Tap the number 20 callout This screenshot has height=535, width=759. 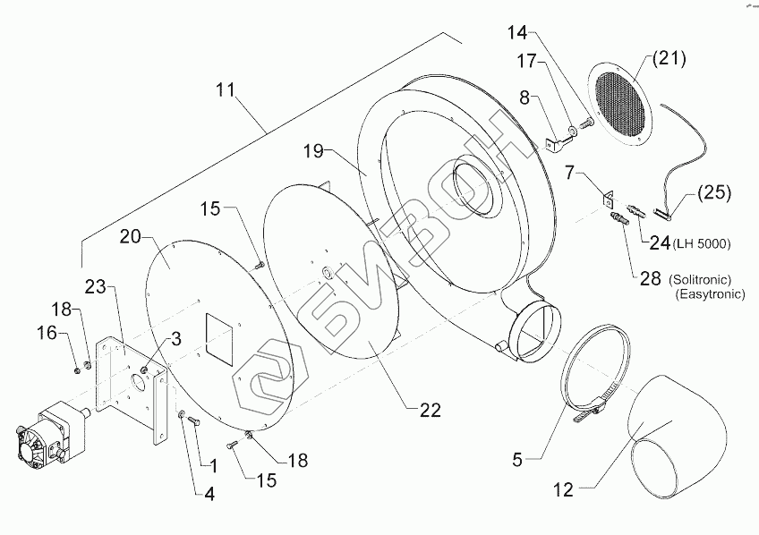pos(131,237)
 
